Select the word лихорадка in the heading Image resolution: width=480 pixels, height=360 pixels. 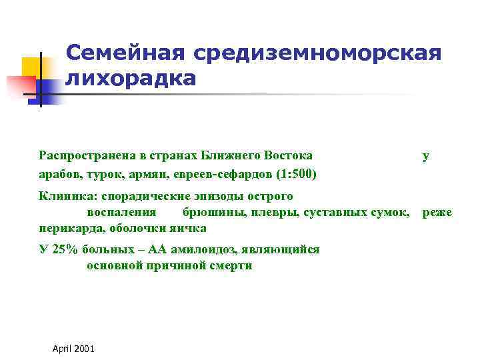coord(131,79)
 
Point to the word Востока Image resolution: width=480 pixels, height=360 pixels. coord(289,155)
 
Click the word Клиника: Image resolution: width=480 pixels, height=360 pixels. coord(66,196)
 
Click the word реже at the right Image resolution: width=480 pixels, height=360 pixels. coord(437,213)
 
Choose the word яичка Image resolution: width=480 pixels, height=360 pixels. coord(189,228)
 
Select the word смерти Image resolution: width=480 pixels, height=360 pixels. coord(232,265)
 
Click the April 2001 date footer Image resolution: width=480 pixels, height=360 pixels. coord(73,349)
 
